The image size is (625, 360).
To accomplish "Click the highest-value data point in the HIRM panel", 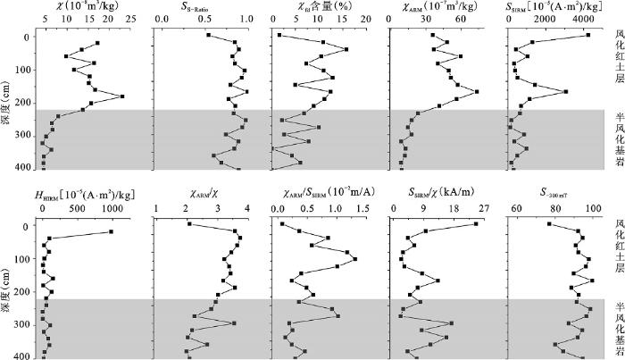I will tap(111, 232).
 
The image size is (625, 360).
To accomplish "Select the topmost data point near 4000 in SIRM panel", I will tap(588, 35).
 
